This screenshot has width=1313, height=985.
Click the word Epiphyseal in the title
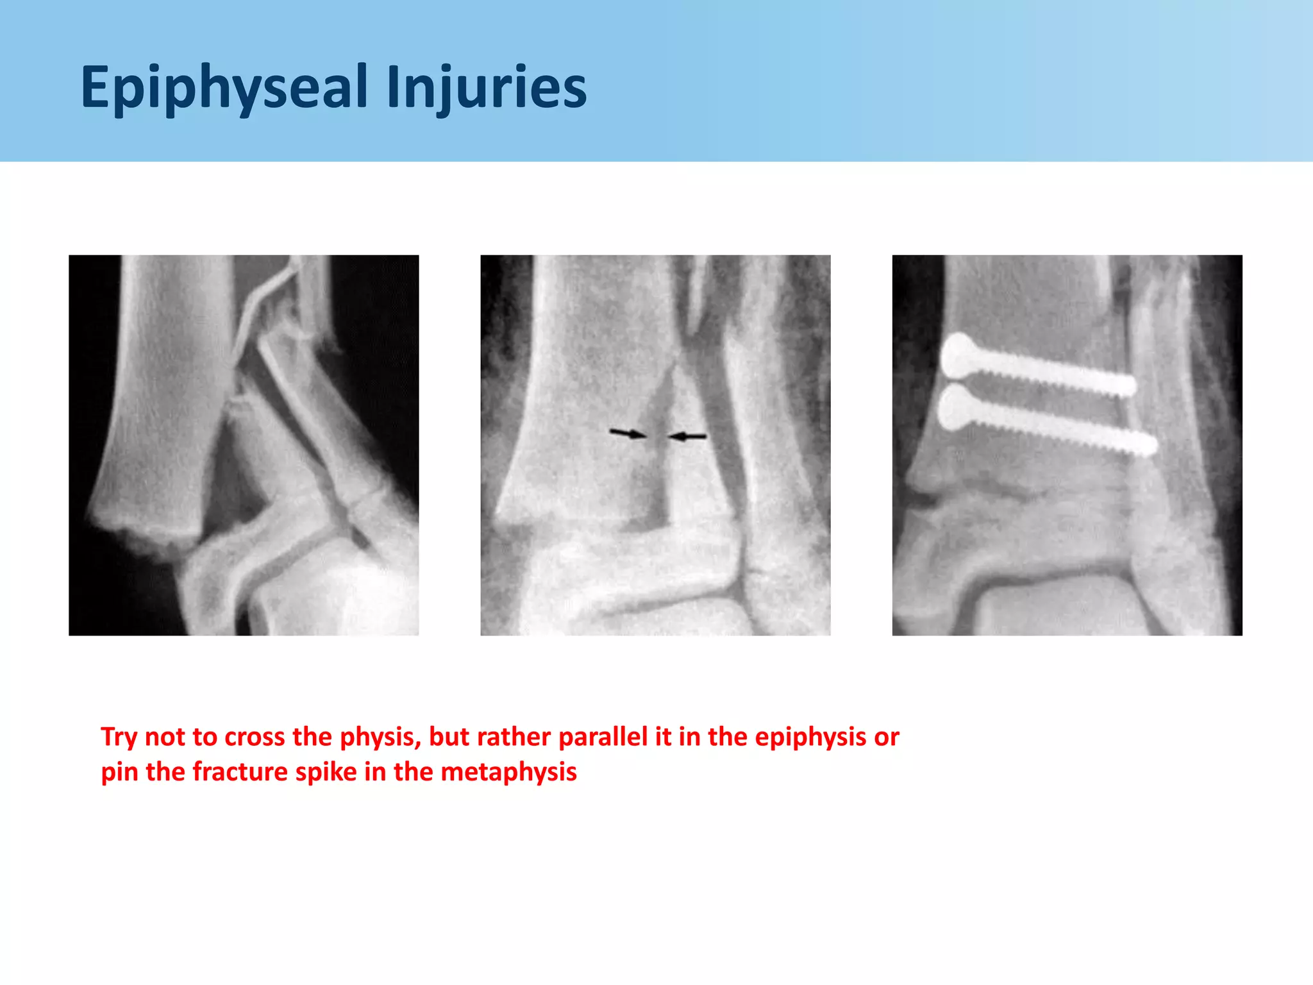click(x=224, y=88)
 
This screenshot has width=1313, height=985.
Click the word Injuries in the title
click(x=487, y=88)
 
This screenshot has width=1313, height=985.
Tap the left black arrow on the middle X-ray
click(x=627, y=434)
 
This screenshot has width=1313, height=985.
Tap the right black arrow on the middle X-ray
click(x=688, y=437)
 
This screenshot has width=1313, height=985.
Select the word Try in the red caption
click(x=119, y=737)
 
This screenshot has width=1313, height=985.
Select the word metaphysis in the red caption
click(x=508, y=772)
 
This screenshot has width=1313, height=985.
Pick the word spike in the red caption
click(x=326, y=772)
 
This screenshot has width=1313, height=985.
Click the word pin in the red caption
click(x=120, y=772)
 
